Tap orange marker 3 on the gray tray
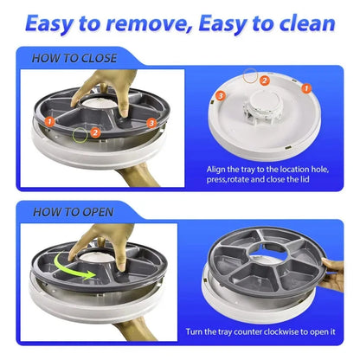[x=151, y=124]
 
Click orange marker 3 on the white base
[x=222, y=93]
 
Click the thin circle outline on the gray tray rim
[x=80, y=134]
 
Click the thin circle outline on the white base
[x=252, y=77]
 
